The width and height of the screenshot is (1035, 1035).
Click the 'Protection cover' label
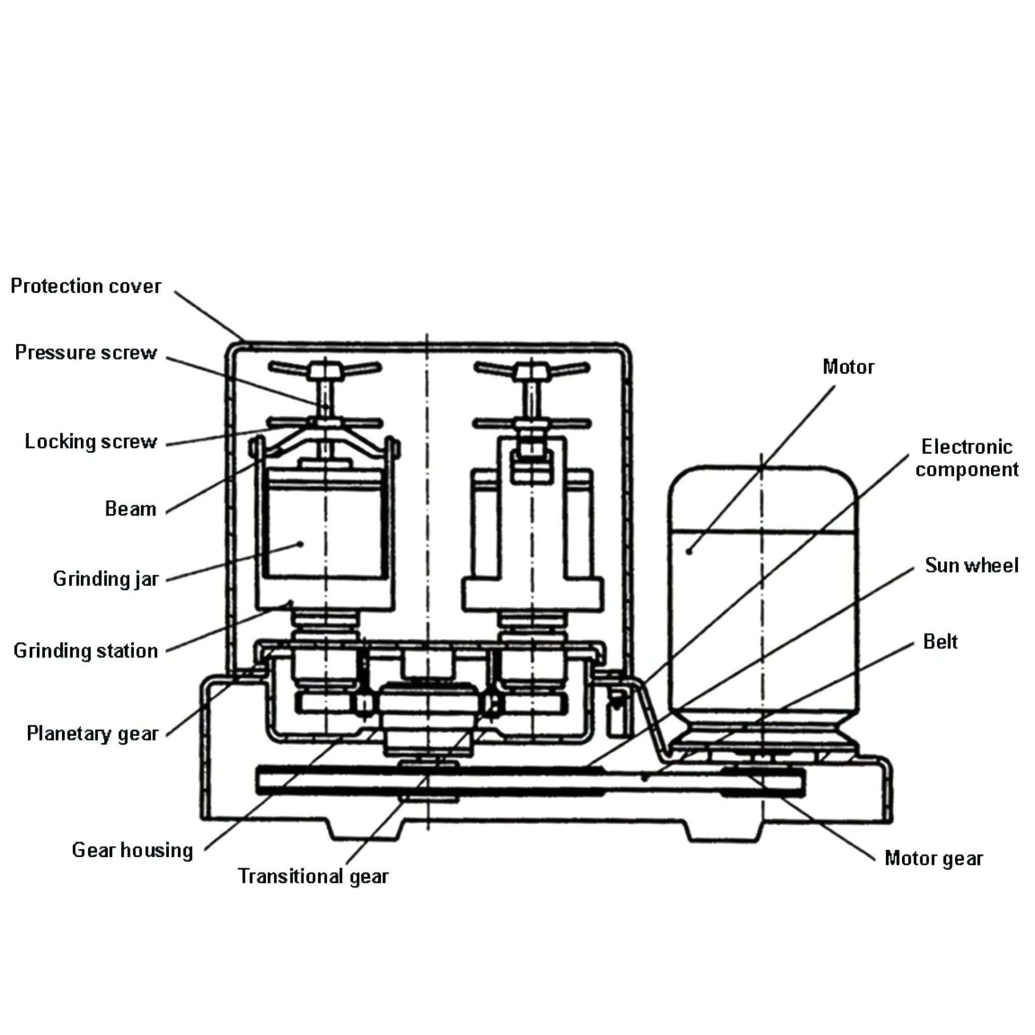86,286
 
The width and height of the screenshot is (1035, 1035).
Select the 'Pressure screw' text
86,353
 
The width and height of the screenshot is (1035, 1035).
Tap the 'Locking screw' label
90,441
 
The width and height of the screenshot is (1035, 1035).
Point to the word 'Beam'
130,508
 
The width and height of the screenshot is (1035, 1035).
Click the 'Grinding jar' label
106,579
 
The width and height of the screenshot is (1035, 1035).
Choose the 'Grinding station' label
86,650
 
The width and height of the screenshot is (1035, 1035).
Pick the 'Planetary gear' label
92,733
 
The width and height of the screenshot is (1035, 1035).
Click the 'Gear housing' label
132,850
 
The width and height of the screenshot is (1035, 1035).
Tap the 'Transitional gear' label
313,876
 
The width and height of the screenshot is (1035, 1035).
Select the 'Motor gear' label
934,858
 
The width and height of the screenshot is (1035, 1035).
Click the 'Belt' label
940,641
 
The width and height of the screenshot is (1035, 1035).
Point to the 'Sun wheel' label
972,565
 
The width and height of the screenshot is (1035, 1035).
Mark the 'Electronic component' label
967,457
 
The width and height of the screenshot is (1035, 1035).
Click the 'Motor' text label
848,367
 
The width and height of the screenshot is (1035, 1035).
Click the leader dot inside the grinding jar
301,544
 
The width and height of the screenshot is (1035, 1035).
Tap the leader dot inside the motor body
689,551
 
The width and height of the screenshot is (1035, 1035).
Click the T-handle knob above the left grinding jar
325,369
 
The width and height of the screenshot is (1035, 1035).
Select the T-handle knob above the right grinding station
532,369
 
